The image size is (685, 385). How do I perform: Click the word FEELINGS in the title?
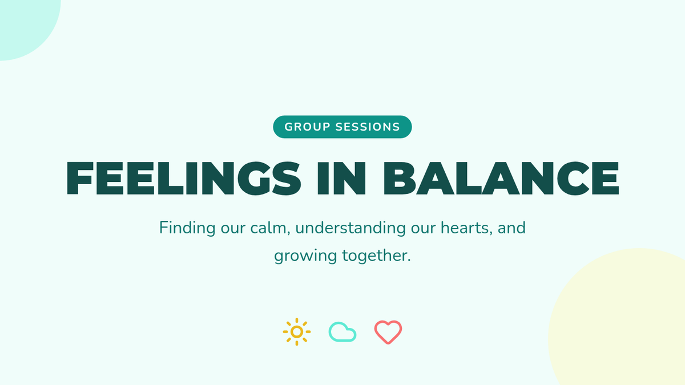coord(183,178)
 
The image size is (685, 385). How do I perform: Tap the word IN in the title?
coord(341,178)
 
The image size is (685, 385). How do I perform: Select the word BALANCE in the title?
coord(501,178)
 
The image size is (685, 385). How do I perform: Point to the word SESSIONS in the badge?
coord(368,127)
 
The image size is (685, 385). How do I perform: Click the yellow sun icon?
coord(297,332)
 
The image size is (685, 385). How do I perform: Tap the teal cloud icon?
coord(342,332)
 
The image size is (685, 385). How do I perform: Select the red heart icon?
coord(388,332)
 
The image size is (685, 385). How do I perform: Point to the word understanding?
coord(350,228)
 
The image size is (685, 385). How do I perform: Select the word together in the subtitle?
coord(376,256)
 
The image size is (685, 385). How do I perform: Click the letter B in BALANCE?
coord(400,178)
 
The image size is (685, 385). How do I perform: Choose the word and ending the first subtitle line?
coord(511,228)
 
